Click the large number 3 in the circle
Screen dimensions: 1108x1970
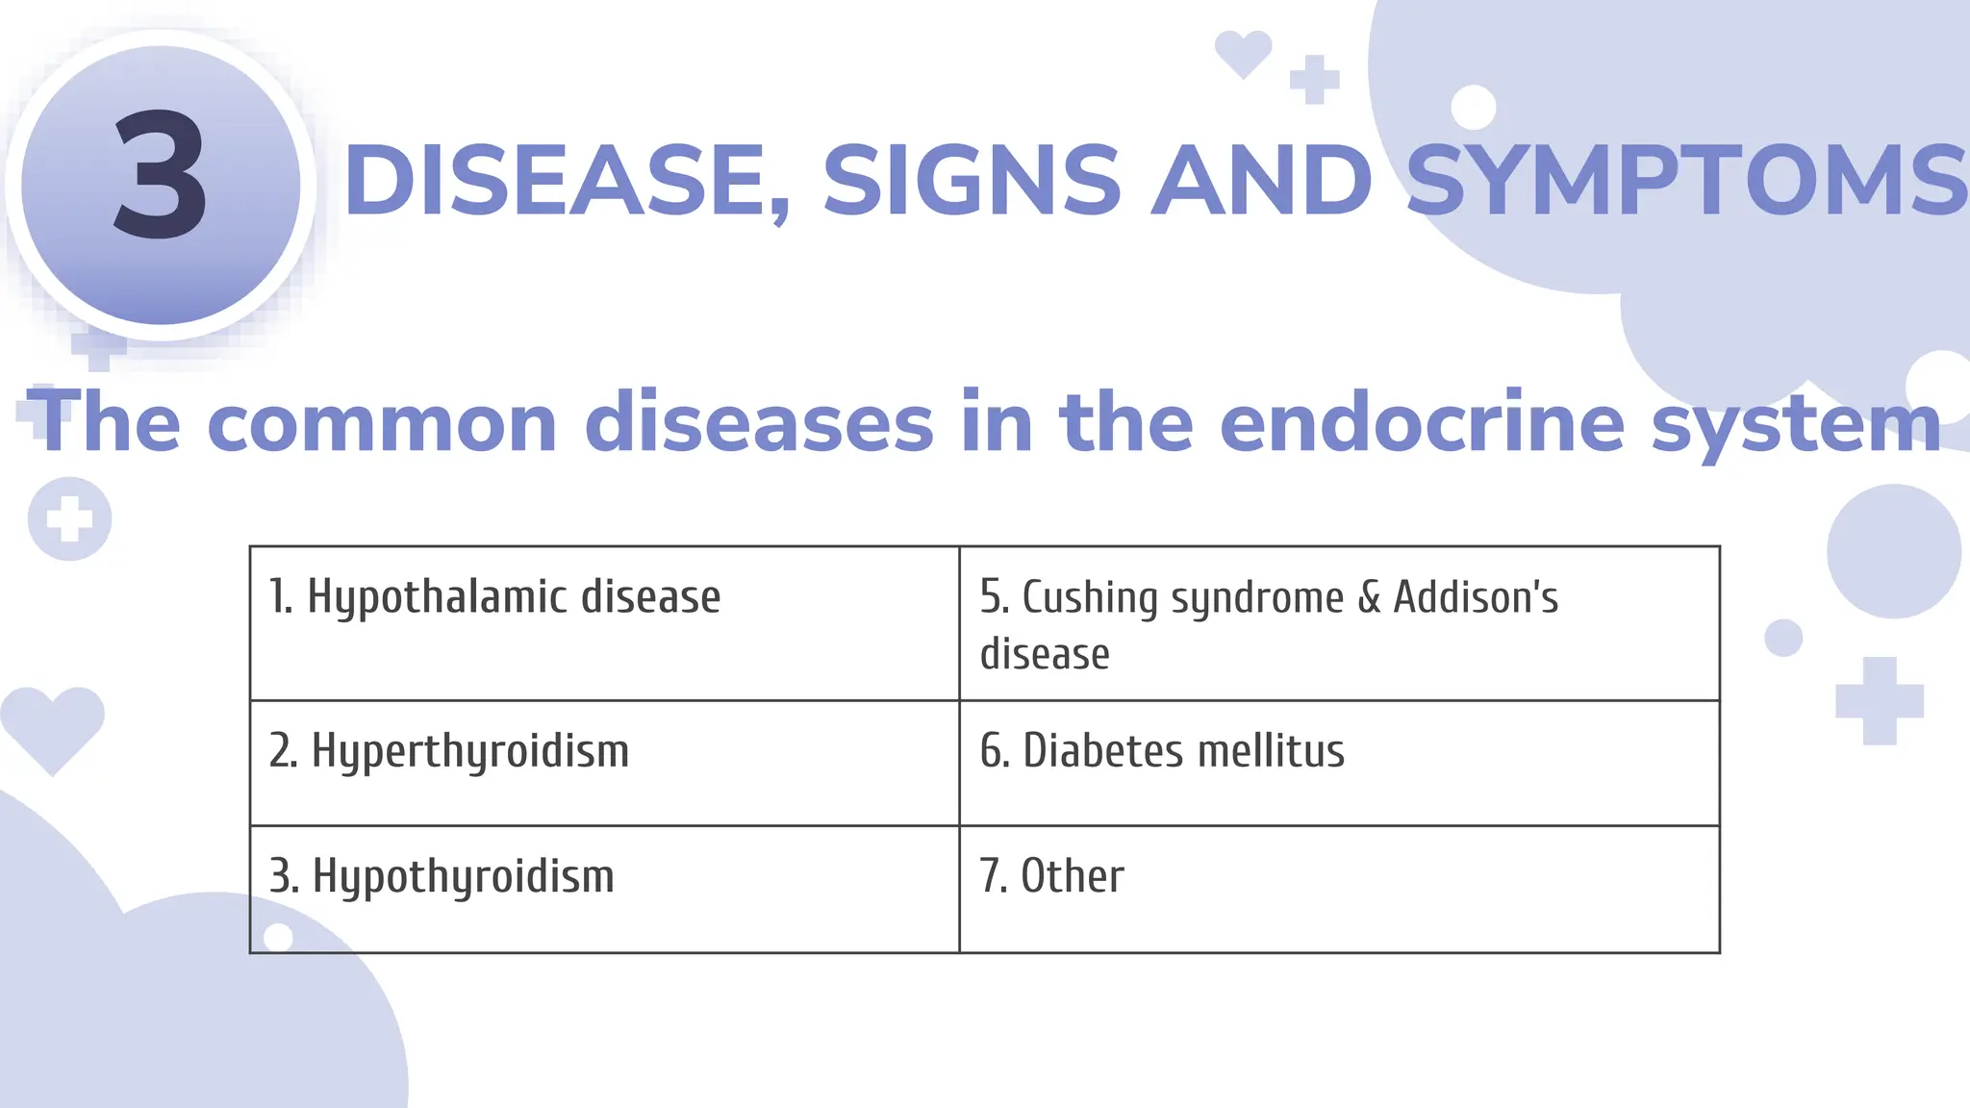[161, 175]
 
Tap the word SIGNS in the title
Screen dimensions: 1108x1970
[972, 180]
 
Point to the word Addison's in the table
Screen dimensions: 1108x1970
[1476, 597]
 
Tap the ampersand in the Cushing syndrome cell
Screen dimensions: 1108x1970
[1368, 597]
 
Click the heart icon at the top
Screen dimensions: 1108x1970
[1243, 53]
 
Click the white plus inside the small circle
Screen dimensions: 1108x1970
[69, 519]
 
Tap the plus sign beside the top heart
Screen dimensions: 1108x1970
[1314, 79]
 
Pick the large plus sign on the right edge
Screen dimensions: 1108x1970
[1879, 701]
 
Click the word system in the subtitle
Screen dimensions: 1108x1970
[1796, 423]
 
